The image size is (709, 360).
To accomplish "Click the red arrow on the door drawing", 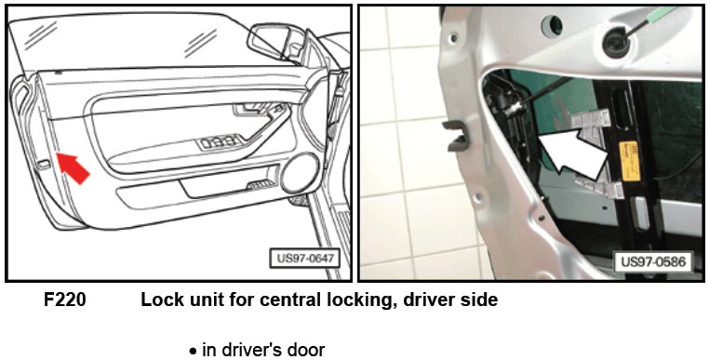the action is click(73, 168).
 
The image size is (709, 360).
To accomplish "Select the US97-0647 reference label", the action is click(305, 259).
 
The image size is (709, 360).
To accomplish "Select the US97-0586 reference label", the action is click(652, 261).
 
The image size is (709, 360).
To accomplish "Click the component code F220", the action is click(64, 300).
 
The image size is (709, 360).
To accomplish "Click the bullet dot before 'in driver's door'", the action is click(194, 352).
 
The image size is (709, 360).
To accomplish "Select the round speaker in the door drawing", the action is click(300, 173).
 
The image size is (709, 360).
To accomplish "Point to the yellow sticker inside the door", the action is click(629, 161).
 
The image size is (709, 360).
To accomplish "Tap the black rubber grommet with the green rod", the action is click(617, 42).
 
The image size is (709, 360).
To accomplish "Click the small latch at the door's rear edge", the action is click(44, 164).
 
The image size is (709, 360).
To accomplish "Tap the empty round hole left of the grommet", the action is click(552, 25).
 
